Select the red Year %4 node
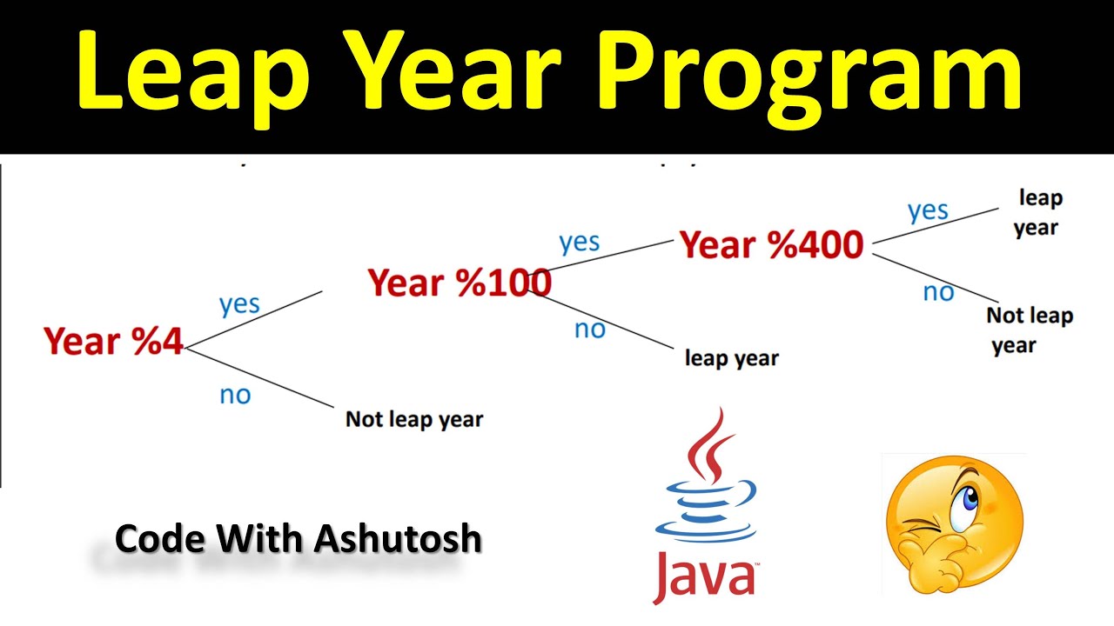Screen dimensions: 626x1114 [114, 342]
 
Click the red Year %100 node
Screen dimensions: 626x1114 [459, 283]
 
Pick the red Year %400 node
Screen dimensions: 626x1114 [771, 245]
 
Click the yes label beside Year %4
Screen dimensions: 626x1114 [239, 304]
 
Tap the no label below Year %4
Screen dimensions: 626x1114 [235, 395]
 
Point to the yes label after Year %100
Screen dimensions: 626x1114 [579, 242]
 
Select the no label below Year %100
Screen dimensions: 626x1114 [589, 330]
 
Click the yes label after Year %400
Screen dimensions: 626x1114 [928, 210]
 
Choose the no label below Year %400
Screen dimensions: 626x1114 [938, 292]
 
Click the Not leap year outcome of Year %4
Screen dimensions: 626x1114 [414, 419]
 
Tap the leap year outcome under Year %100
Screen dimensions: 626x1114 [731, 357]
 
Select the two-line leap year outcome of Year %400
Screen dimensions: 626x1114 [1037, 213]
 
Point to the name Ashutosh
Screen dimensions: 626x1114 [398, 539]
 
